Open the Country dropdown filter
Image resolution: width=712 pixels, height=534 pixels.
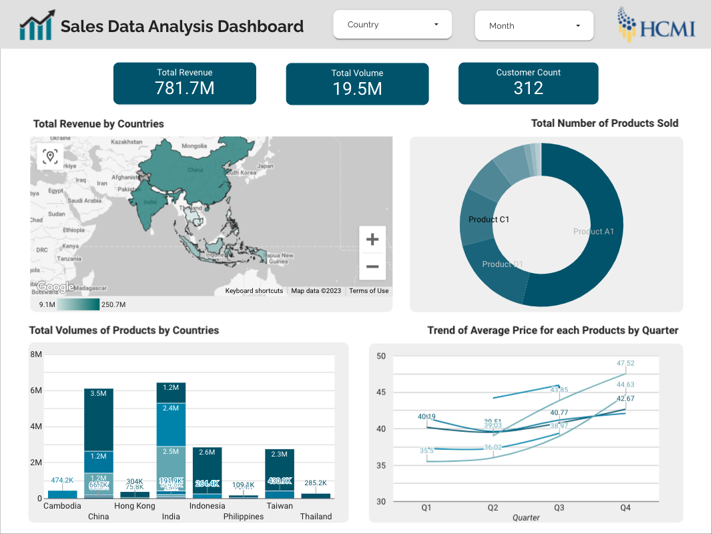coord(392,25)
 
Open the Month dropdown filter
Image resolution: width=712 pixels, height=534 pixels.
coord(534,26)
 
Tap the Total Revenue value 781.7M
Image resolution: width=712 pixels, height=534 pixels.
coord(185,88)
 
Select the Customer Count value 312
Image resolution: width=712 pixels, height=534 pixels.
coord(528,88)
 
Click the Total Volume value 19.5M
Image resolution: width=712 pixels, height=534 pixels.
coord(357,89)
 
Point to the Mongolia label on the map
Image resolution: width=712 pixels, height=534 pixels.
coord(194,146)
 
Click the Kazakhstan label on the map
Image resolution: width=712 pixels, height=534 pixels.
coord(127,142)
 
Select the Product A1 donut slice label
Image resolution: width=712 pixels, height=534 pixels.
coord(593,232)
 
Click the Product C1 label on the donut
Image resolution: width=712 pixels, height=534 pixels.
coord(488,220)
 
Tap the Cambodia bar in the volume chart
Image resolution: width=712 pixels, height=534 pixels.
coord(62,495)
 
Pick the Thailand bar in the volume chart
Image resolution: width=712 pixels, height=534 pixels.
coord(316,496)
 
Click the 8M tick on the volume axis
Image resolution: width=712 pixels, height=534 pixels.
coord(36,354)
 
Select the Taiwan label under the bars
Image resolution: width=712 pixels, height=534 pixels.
coord(280,506)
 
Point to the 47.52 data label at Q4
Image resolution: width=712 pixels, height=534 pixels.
coord(625,363)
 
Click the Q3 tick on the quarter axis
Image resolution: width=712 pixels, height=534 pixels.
coord(559,508)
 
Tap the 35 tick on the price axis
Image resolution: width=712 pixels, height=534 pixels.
coord(381,465)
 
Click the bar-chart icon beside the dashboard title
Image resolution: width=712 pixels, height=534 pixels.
coord(36,26)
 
